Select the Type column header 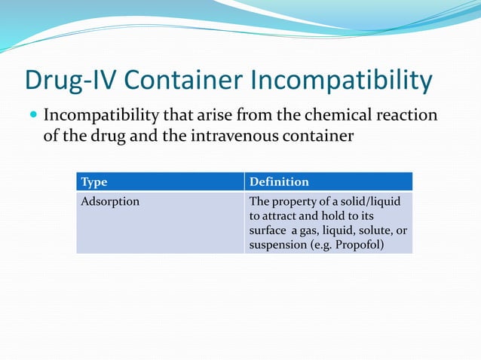click(x=93, y=182)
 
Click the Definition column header click(x=279, y=182)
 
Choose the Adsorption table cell click(x=109, y=202)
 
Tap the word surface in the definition click(x=267, y=230)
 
